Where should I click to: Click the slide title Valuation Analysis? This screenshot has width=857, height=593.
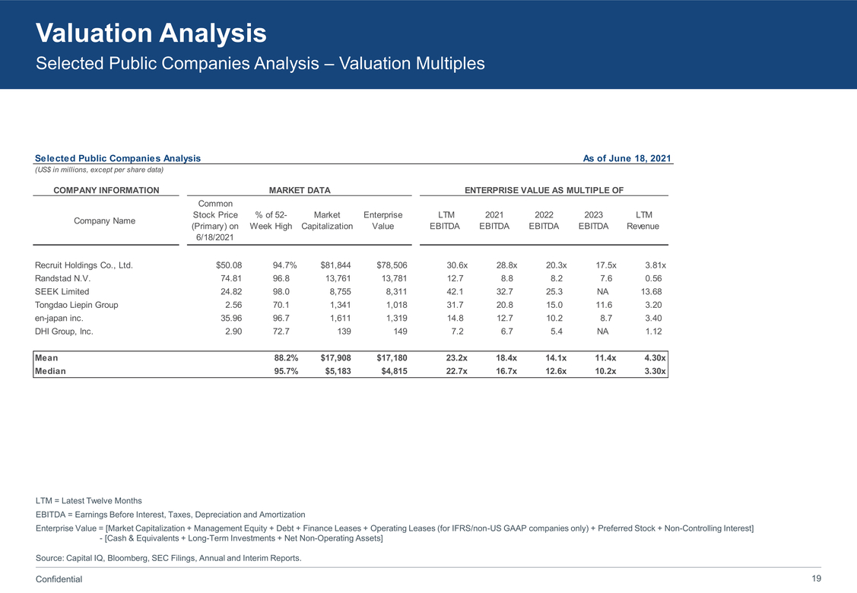point(151,33)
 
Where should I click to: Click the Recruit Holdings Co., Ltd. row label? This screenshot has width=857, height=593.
point(84,265)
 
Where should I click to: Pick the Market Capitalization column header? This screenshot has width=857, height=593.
point(327,220)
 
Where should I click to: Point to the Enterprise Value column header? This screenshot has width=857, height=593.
point(383,220)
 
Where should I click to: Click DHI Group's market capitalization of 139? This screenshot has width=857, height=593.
point(343,331)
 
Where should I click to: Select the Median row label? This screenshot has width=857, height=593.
point(50,371)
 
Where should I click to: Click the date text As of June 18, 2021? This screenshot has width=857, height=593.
point(627,158)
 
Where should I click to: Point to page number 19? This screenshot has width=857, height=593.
point(816,579)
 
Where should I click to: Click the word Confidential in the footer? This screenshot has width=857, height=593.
point(59,579)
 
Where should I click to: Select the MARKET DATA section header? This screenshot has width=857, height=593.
point(300,190)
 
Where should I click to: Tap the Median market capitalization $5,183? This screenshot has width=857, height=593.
point(335,371)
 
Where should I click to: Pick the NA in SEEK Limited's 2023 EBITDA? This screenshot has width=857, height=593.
point(603,292)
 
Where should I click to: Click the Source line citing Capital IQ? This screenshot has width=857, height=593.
point(168,559)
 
